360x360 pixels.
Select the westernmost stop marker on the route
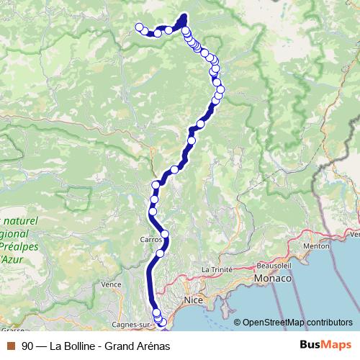point(139,27)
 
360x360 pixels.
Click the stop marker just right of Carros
point(165,234)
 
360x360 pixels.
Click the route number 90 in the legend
point(27,346)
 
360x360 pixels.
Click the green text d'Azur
point(12,258)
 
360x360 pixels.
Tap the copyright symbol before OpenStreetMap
point(238,322)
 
